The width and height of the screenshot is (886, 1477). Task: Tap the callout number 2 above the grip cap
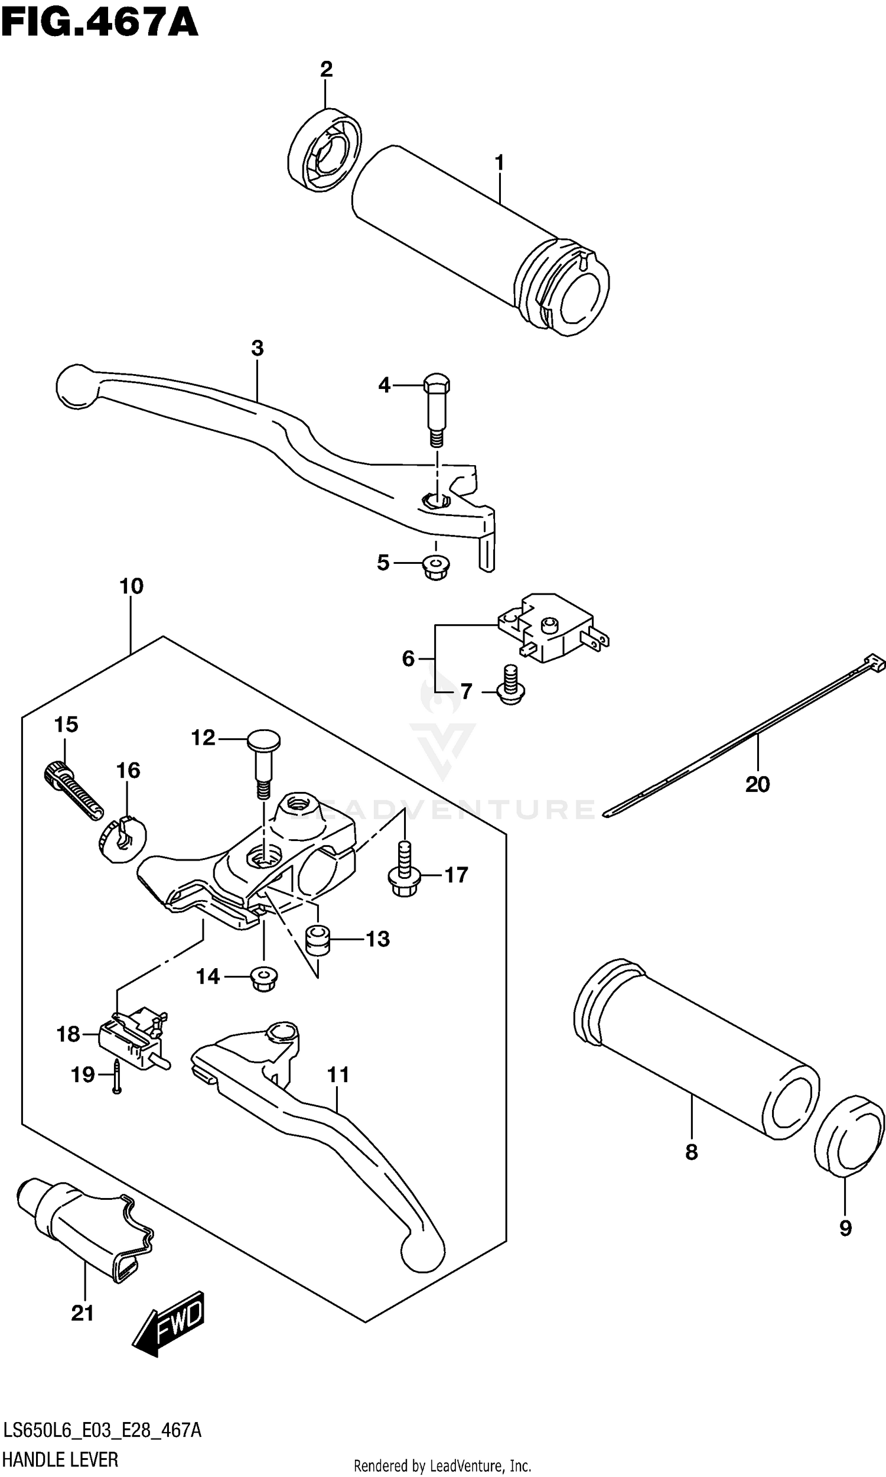tap(325, 70)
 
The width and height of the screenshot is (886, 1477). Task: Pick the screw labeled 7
tap(510, 686)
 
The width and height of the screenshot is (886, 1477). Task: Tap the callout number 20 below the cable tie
tap(757, 784)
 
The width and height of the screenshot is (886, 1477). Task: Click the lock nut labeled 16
tap(122, 839)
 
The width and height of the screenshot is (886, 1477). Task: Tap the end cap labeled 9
tap(848, 1135)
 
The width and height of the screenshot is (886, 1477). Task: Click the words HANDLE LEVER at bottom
tap(60, 1461)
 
